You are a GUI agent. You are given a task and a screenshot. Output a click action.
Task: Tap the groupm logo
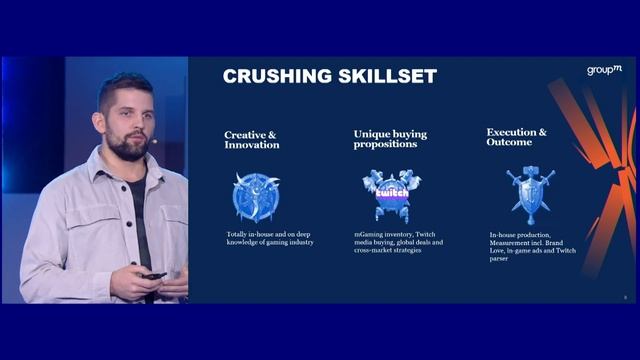pos(604,69)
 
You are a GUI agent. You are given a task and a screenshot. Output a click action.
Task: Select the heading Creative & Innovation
pos(252,139)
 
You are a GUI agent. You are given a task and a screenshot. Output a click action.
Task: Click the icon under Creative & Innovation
pos(255,195)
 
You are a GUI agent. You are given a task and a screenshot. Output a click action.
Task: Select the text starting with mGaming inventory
pos(398,242)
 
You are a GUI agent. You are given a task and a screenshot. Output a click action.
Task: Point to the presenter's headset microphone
pos(155,142)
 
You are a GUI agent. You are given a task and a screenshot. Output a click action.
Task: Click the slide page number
pos(625,297)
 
